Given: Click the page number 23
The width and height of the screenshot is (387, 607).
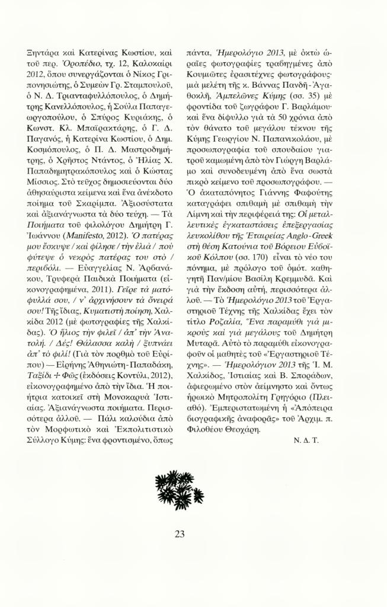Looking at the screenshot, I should (180, 533).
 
